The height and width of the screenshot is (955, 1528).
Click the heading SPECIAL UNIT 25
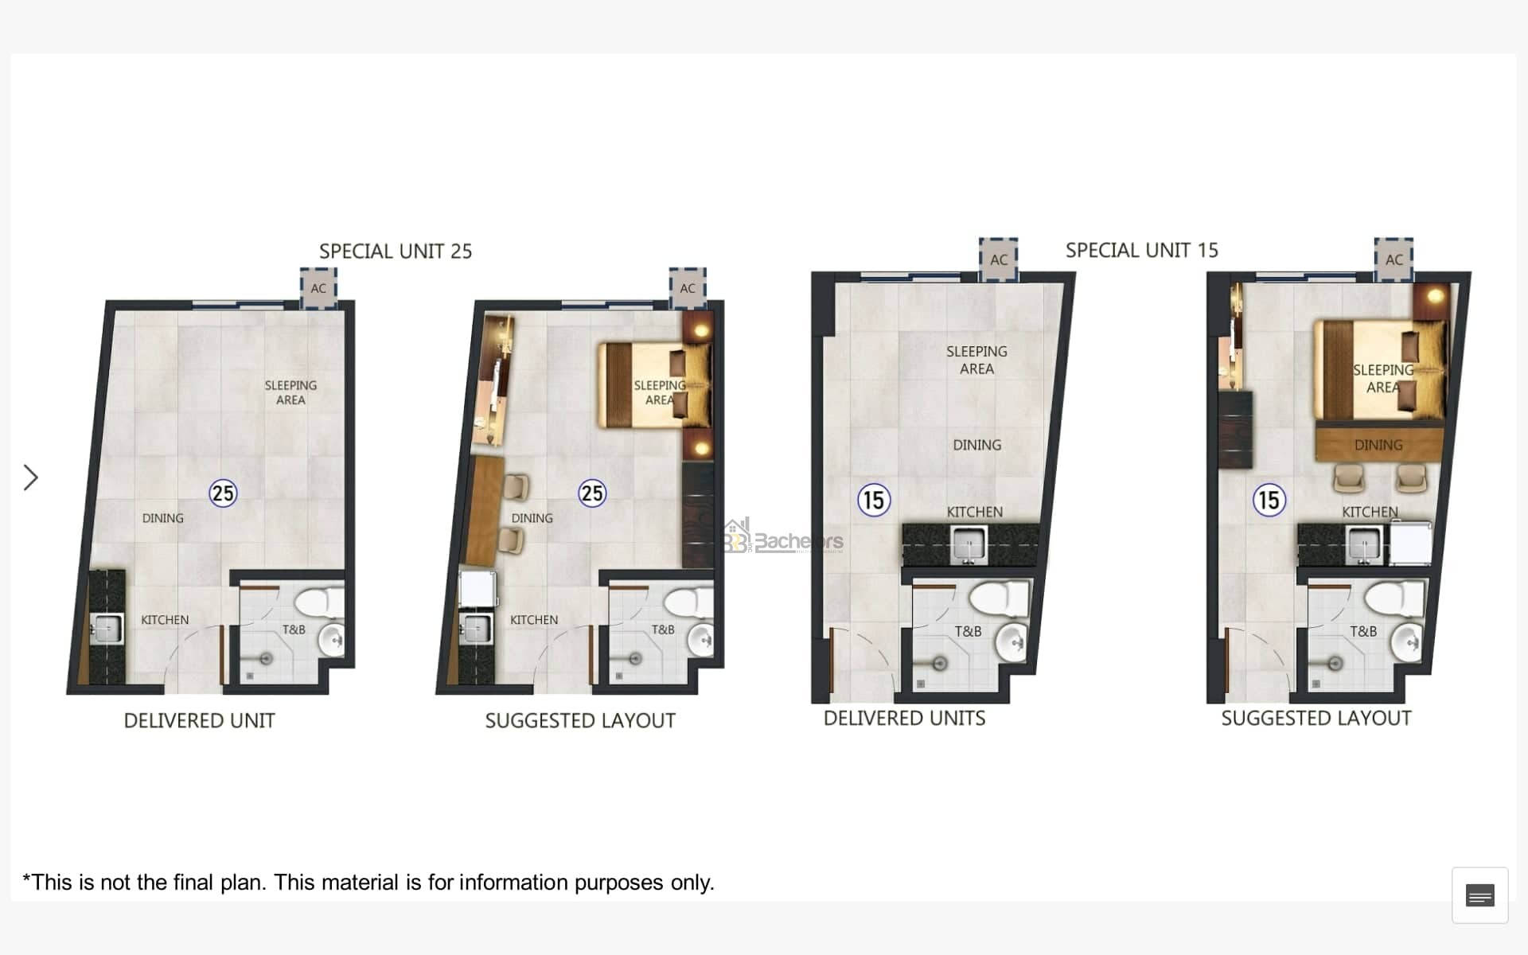click(x=396, y=251)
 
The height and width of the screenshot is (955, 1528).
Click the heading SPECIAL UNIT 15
click(x=1142, y=251)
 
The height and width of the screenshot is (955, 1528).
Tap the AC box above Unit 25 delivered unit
click(x=318, y=288)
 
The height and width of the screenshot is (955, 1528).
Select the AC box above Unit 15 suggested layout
click(x=1394, y=259)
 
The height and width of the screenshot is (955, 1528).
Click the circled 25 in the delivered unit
click(x=223, y=493)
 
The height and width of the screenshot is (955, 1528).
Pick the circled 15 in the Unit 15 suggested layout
click(x=1269, y=501)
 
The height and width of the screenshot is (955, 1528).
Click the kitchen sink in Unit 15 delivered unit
click(x=969, y=545)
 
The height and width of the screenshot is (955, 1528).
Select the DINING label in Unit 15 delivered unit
click(x=977, y=445)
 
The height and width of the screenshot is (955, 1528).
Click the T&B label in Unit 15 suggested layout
click(x=1363, y=631)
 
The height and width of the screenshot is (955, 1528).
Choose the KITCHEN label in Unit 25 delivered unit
click(x=165, y=620)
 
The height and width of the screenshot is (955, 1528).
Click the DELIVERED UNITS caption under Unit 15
click(x=904, y=719)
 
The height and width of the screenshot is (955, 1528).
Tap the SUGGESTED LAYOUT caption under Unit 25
click(x=580, y=721)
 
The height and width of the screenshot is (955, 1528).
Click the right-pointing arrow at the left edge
click(x=31, y=477)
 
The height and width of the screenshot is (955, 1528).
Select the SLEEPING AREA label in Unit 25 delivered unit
click(x=290, y=392)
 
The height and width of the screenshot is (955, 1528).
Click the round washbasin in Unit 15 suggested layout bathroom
click(x=1408, y=642)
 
